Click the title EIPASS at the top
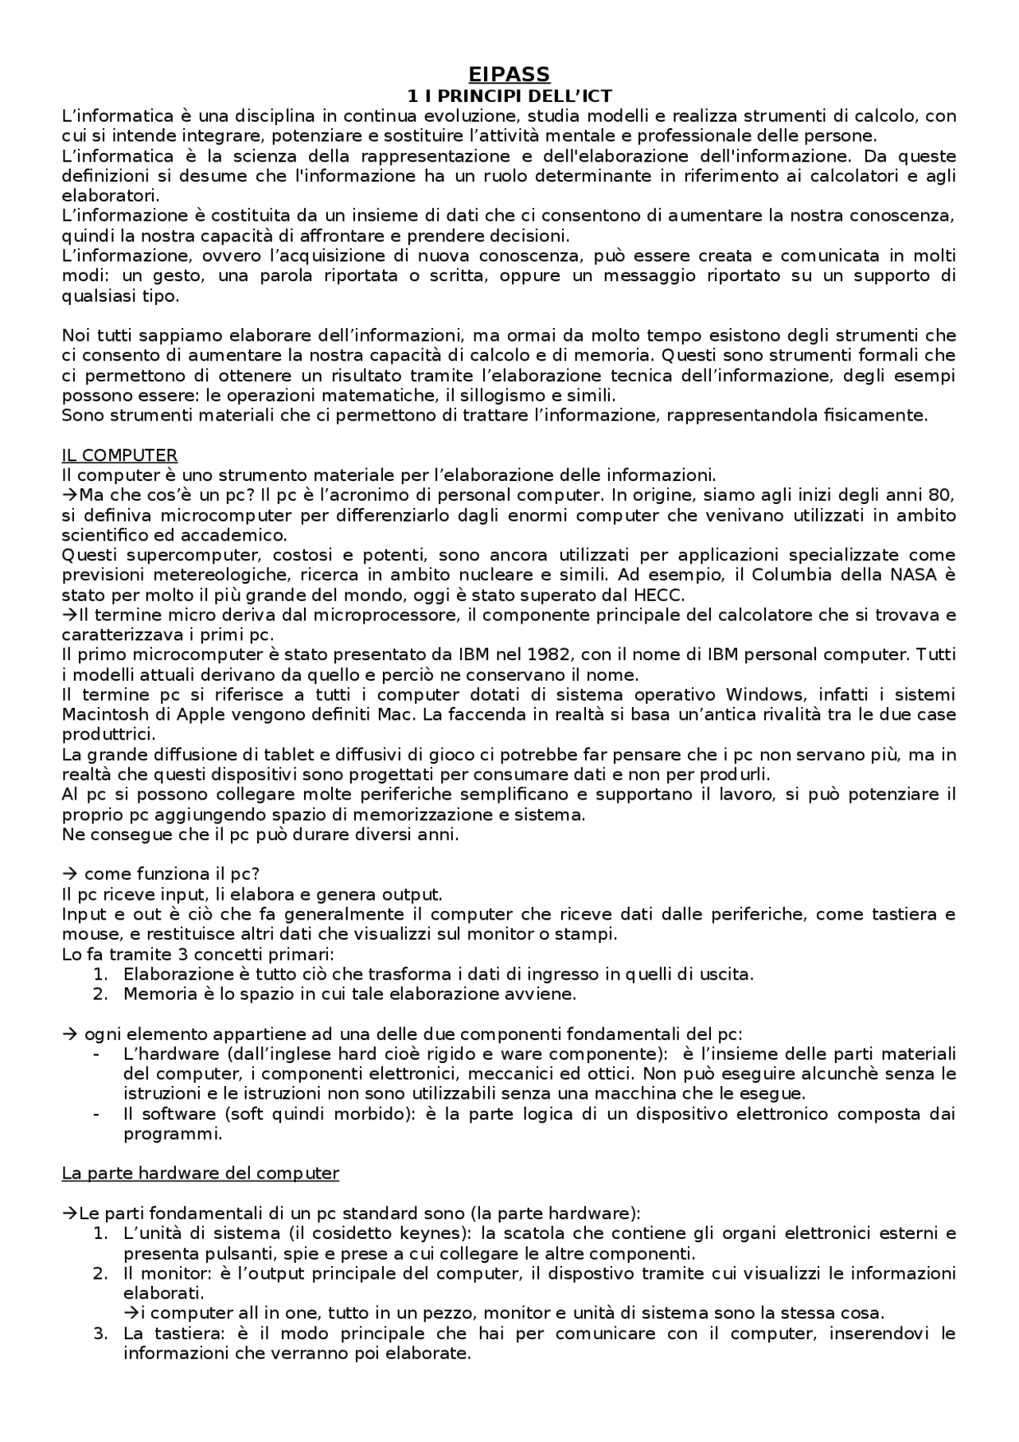(x=509, y=74)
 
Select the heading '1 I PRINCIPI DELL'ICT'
(x=509, y=96)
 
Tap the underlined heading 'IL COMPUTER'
(x=119, y=455)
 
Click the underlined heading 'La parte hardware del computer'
(x=201, y=1173)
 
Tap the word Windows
(x=763, y=694)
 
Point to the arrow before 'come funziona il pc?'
(x=68, y=873)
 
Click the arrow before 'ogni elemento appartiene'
(x=68, y=1034)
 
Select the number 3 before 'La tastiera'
(x=100, y=1333)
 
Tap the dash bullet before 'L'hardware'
(x=97, y=1053)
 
